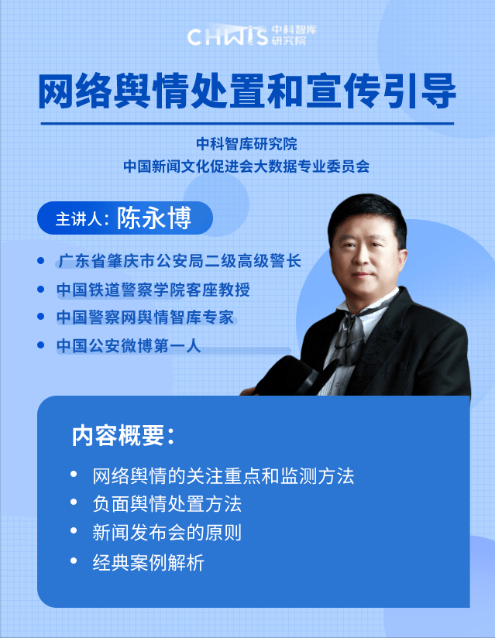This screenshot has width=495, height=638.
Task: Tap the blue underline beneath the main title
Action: pyautogui.click(x=247, y=123)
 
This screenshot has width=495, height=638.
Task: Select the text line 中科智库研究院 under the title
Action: pyautogui.click(x=247, y=143)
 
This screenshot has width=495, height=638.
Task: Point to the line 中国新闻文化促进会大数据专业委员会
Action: pyautogui.click(x=247, y=165)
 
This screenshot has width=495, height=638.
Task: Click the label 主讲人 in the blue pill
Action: pyautogui.click(x=81, y=218)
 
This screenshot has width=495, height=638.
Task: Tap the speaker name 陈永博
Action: pyautogui.click(x=153, y=218)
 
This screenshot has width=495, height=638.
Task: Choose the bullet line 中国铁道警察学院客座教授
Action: pyautogui.click(x=153, y=289)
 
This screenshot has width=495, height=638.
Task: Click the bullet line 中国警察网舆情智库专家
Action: pyautogui.click(x=145, y=317)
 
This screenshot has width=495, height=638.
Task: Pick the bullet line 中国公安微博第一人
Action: pyautogui.click(x=129, y=345)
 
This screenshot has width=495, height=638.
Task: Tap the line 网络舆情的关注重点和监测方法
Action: pyautogui.click(x=222, y=475)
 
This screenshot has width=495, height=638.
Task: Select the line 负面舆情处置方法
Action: pyautogui.click(x=167, y=504)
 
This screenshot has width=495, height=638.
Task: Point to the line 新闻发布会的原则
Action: pyautogui.click(x=167, y=533)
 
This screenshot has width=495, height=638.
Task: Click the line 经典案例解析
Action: pyautogui.click(x=148, y=562)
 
